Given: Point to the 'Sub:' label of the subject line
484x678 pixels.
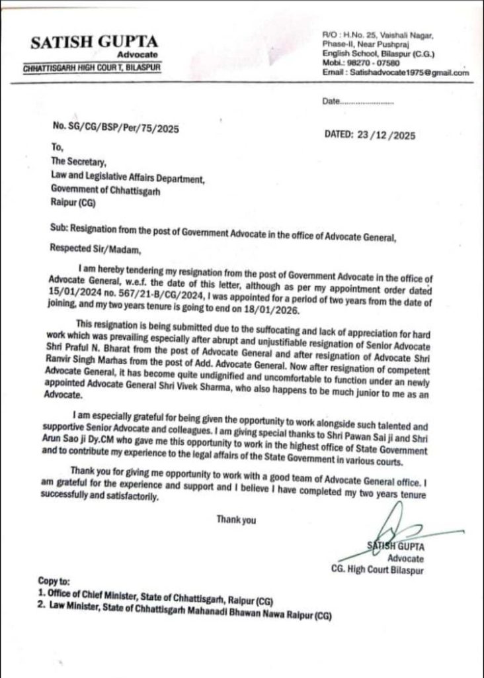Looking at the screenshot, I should [59, 229].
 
